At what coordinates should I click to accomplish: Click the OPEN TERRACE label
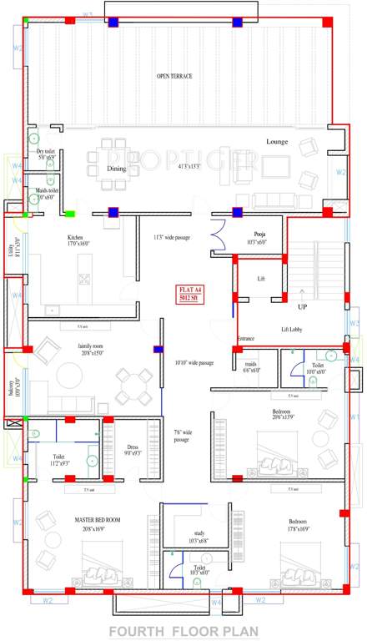click(x=175, y=76)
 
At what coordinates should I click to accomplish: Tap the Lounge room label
click(x=277, y=142)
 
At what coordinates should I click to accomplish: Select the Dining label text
click(x=116, y=169)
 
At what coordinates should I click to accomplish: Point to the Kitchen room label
click(x=76, y=238)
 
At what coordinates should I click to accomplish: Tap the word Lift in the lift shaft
click(x=261, y=278)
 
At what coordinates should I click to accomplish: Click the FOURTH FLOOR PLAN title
click(x=182, y=630)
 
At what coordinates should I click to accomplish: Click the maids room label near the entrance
click(x=251, y=364)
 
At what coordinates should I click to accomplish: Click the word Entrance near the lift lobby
click(x=245, y=338)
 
